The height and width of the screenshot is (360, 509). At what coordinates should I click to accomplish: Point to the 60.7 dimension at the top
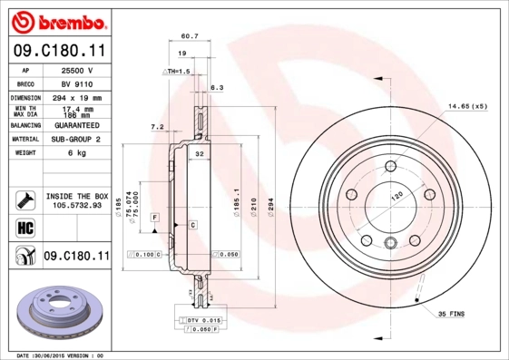(x=190, y=36)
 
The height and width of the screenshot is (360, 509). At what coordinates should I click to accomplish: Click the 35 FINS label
(x=450, y=313)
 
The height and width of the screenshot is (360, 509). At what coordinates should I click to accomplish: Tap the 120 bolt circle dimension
(x=396, y=197)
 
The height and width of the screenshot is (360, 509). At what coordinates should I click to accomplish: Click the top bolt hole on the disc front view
(x=390, y=165)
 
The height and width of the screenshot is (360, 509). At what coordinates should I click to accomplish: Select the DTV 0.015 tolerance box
(x=202, y=320)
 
